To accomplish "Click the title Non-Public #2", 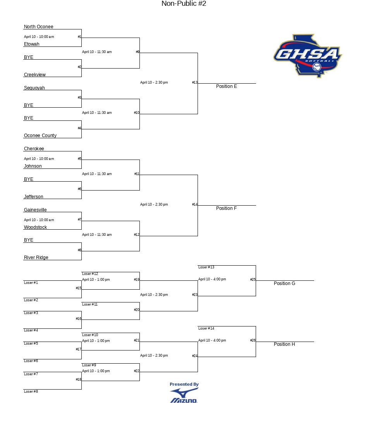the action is tap(184, 3).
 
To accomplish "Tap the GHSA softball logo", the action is tap(308, 56).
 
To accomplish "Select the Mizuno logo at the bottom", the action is tap(184, 395).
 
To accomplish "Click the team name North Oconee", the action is tap(39, 27).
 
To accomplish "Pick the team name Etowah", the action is tap(31, 44).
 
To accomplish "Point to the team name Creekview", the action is tap(35, 75).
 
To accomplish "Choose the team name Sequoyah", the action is tap(34, 88).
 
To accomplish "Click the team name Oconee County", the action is tap(40, 136).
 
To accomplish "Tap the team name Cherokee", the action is tap(34, 149).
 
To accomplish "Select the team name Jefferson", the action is tap(33, 197).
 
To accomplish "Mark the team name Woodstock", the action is tap(35, 227).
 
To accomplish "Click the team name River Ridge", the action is tap(36, 258).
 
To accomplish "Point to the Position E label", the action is tap(226, 86).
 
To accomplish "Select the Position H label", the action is tap(284, 344).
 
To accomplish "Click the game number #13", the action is tap(195, 82).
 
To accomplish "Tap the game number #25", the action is tap(253, 279).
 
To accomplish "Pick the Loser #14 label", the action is tap(206, 328).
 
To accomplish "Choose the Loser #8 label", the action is tap(31, 392).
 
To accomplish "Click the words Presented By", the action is tap(184, 384).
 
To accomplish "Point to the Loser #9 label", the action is tap(89, 365).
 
